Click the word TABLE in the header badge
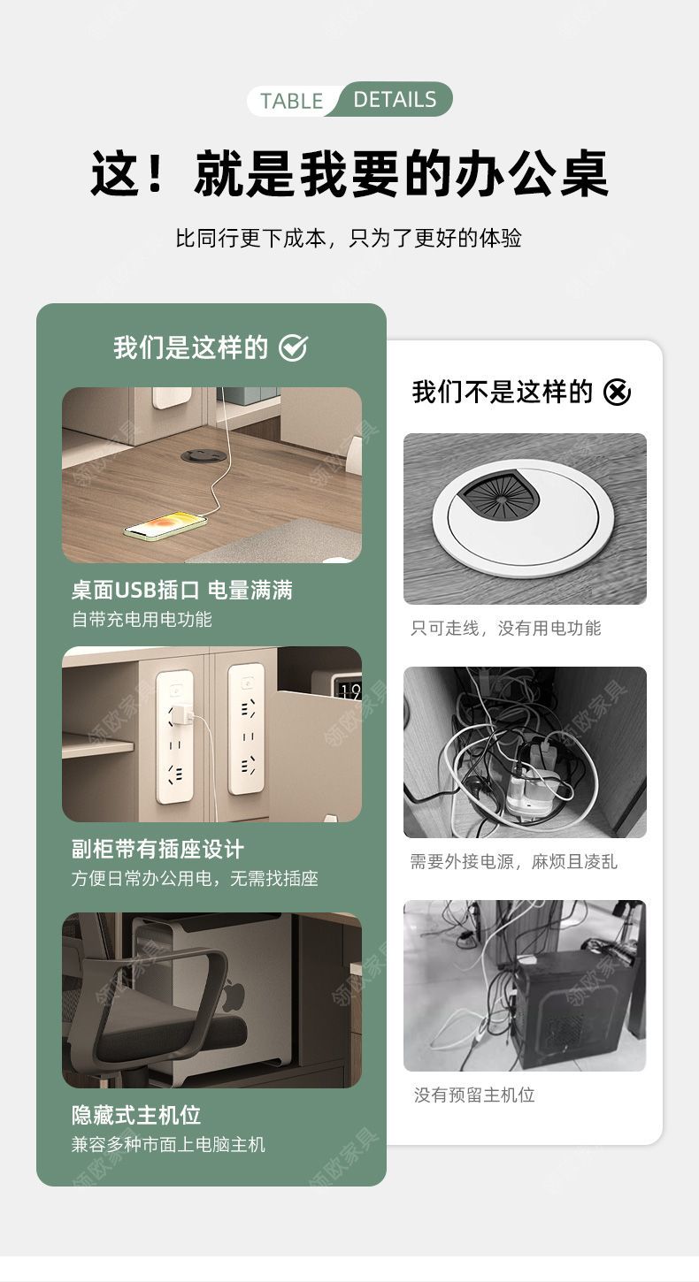pyautogui.click(x=292, y=102)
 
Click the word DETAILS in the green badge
pyautogui.click(x=395, y=100)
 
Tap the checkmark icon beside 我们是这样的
pyautogui.click(x=294, y=347)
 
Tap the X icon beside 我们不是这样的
pyautogui.click(x=617, y=392)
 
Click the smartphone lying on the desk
pyautogui.click(x=165, y=524)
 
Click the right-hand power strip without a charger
pyautogui.click(x=246, y=728)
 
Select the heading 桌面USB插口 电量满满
pyautogui.click(x=181, y=590)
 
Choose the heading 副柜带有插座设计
pyautogui.click(x=157, y=849)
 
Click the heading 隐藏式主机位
pyautogui.click(x=136, y=1115)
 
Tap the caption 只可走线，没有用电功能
pyautogui.click(x=506, y=629)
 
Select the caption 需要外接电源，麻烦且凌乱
pyautogui.click(x=514, y=861)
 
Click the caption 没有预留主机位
pyautogui.click(x=474, y=1095)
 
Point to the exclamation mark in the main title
pyautogui.click(x=155, y=172)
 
